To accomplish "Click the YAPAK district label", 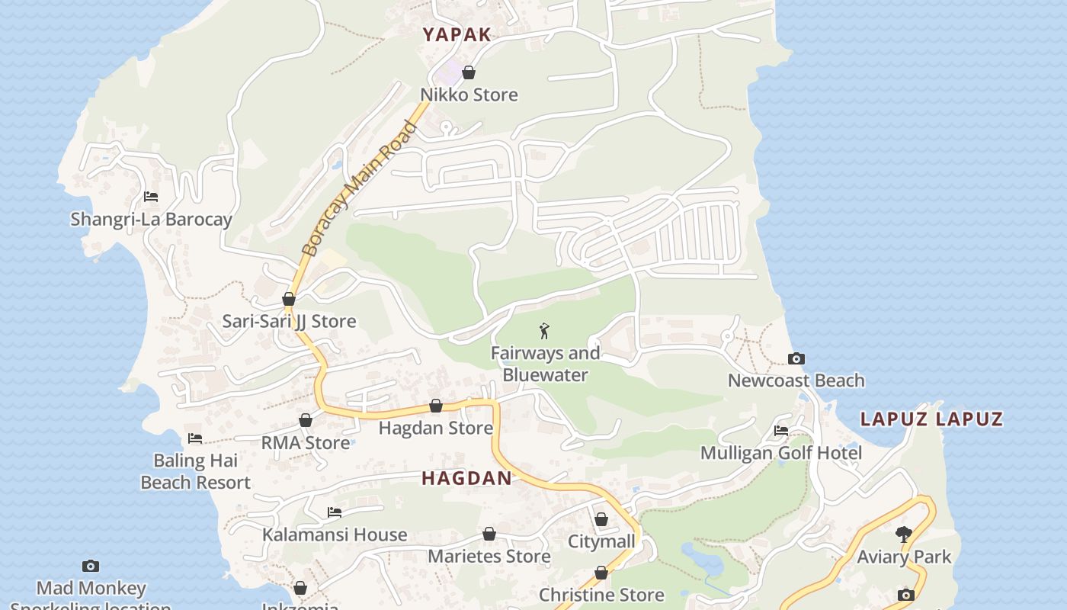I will (x=457, y=34).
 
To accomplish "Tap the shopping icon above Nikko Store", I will (x=469, y=72).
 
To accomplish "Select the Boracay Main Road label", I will (x=360, y=188).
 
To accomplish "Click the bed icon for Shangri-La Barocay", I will (x=151, y=197).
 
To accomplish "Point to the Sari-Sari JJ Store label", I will (x=289, y=321).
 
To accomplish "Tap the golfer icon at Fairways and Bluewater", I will (x=544, y=331).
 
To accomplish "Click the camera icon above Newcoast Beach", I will (x=796, y=358).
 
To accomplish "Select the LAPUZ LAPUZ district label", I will (x=931, y=419).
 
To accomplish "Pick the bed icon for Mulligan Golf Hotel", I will (x=781, y=431).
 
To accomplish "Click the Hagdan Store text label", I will (x=436, y=428).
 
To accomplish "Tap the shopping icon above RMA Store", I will (x=306, y=420).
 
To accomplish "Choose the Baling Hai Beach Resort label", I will (x=196, y=471).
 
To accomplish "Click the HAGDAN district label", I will (x=466, y=478).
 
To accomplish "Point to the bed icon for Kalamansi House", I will (x=334, y=512).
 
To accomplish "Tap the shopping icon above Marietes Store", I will (x=489, y=534).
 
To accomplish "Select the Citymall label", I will (x=601, y=541).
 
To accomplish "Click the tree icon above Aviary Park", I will (x=904, y=535).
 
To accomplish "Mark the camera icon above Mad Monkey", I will (x=91, y=566).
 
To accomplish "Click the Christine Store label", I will (x=601, y=595).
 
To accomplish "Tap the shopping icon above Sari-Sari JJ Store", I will (x=289, y=299).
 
